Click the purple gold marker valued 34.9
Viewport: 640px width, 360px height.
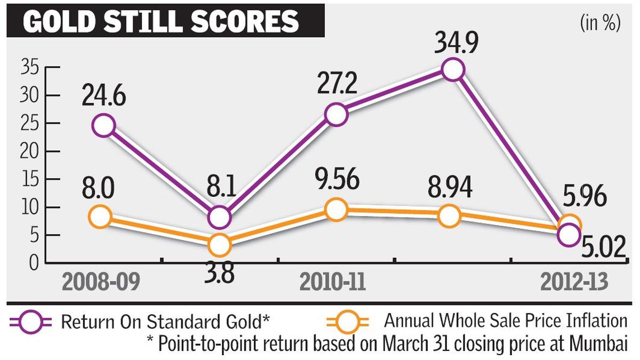click(453, 69)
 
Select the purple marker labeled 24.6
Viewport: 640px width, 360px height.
click(103, 125)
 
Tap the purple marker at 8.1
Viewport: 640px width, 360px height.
click(219, 218)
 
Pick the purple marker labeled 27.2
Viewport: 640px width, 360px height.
click(337, 115)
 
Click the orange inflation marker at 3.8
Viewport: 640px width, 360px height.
click(219, 245)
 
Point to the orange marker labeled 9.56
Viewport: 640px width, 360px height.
click(337, 210)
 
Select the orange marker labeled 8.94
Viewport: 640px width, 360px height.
click(450, 216)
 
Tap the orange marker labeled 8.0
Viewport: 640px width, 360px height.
click(100, 217)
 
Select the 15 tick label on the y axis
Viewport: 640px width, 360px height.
click(30, 180)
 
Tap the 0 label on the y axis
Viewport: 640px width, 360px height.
click(34, 263)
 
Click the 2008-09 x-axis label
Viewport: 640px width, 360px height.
click(101, 282)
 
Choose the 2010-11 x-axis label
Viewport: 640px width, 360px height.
click(333, 282)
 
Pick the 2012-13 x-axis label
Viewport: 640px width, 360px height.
click(574, 282)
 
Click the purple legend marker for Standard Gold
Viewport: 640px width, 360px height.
click(31, 322)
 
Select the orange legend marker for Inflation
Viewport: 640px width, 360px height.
click(348, 322)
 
